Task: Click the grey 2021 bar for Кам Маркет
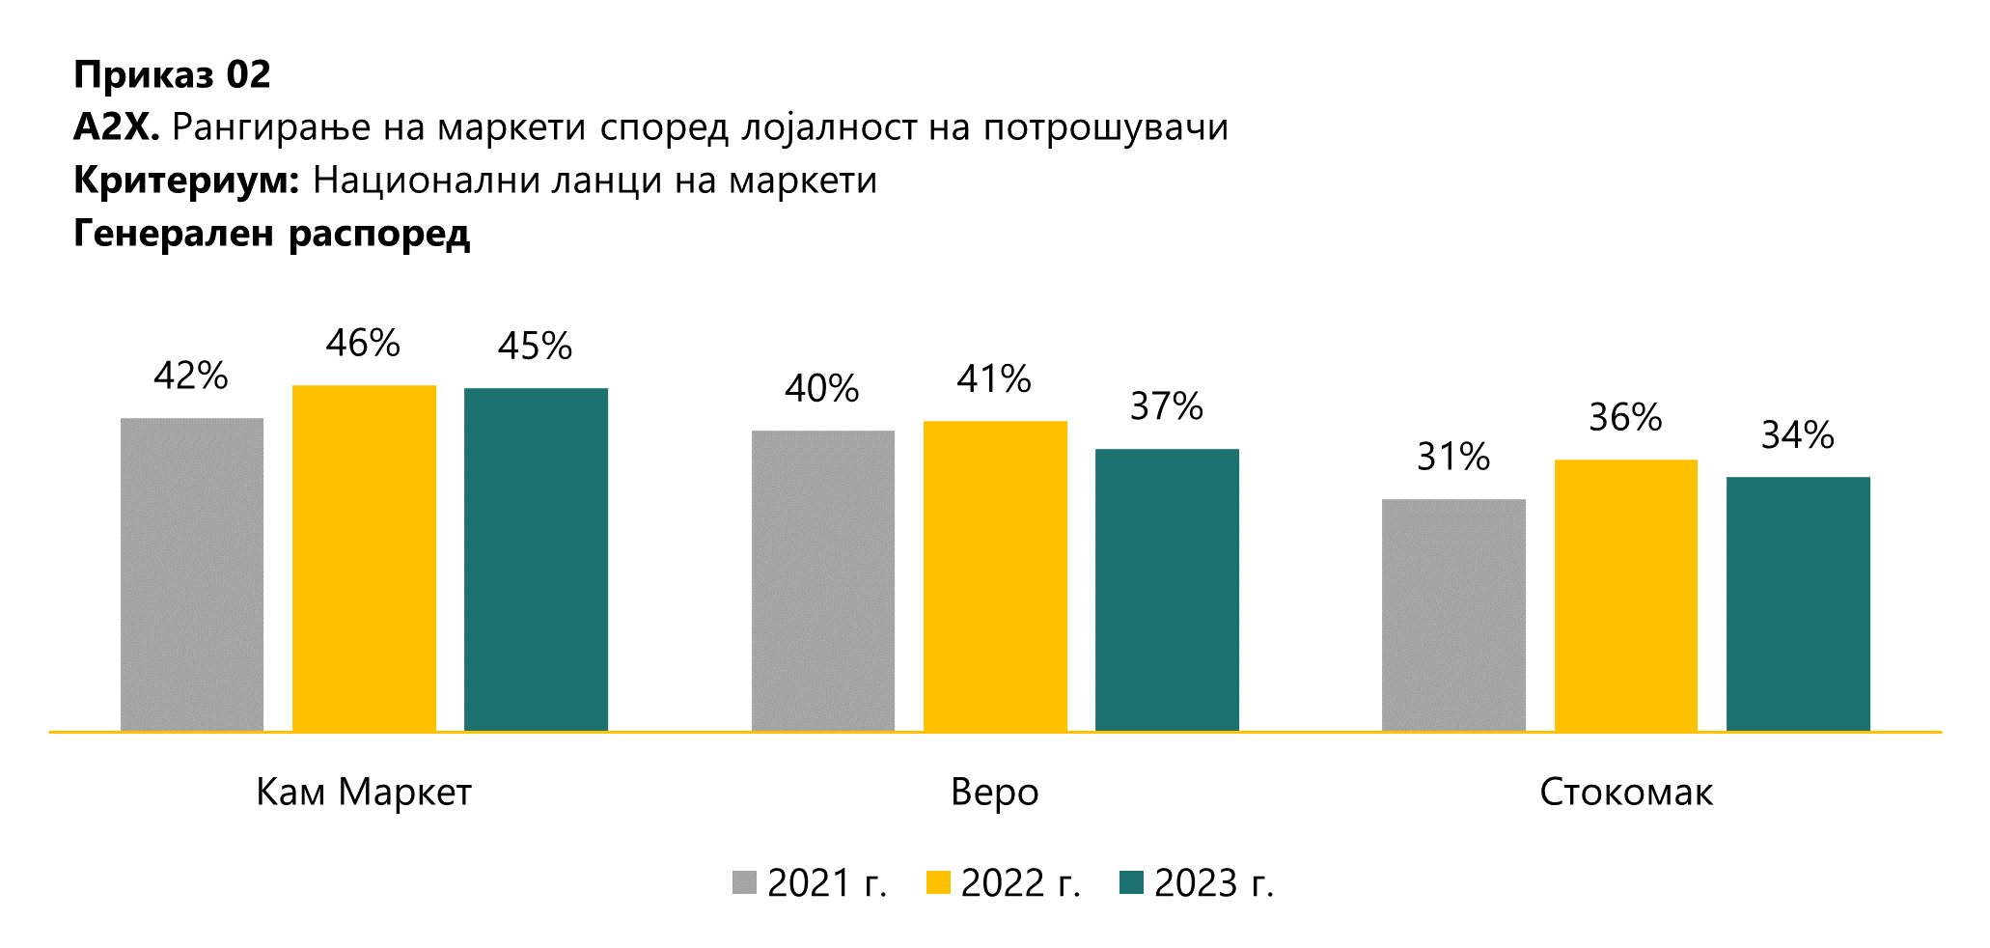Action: pos(192,574)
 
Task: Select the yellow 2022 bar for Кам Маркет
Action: pos(364,558)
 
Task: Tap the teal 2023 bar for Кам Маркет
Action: pos(536,560)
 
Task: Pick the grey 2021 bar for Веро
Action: pos(822,580)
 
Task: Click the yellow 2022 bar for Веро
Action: pos(995,575)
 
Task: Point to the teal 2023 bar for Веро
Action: pos(1167,590)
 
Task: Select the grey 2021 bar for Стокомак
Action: pos(1453,615)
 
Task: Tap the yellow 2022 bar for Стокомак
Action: pos(1625,595)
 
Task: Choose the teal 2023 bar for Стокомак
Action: pos(1798,603)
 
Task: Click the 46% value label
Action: pos(363,344)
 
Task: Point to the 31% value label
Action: pos(1452,457)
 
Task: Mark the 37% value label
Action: pos(1166,406)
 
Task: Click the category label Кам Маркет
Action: pos(364,793)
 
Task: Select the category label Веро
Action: pos(995,793)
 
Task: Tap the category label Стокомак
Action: pos(1625,793)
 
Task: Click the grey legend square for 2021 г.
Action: pos(744,882)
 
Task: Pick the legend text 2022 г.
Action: pos(1020,883)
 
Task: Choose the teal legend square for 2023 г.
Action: pos(1131,882)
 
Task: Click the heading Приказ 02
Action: pos(172,75)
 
